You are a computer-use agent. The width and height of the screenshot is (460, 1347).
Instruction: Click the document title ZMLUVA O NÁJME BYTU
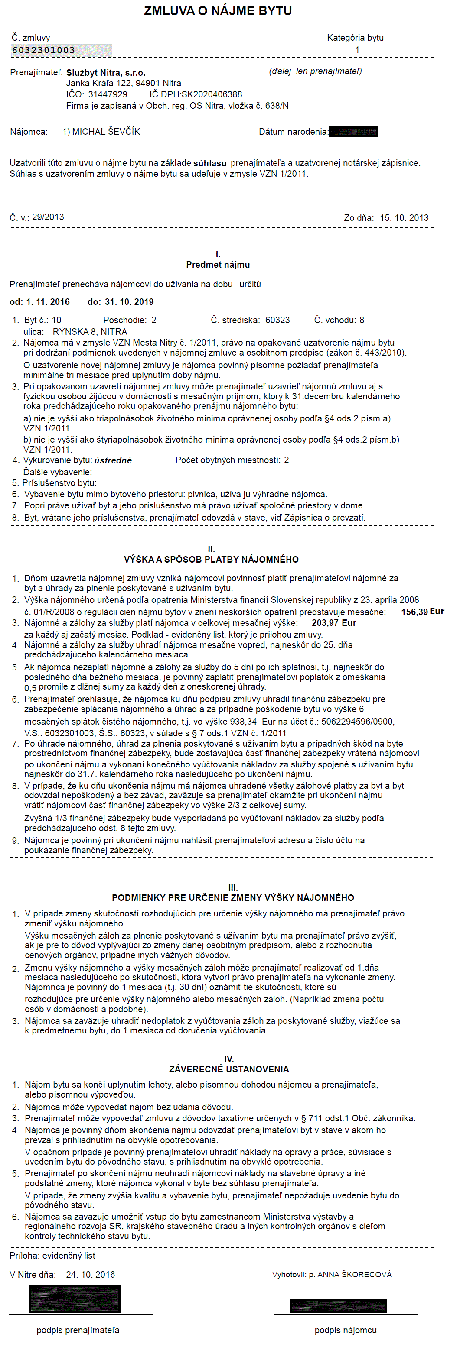(218, 11)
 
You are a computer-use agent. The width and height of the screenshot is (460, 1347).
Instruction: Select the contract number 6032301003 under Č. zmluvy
(44, 50)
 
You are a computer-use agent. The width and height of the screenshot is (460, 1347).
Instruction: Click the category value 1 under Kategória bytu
(357, 50)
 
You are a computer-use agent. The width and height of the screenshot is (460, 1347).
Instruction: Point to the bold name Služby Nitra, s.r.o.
(106, 73)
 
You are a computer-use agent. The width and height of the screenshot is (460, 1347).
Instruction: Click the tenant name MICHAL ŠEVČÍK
(106, 132)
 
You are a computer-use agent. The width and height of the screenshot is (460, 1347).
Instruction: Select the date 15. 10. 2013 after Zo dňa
(404, 217)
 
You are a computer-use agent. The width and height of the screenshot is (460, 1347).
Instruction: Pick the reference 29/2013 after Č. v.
(48, 217)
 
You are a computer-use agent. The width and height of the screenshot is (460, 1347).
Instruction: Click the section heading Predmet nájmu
(218, 265)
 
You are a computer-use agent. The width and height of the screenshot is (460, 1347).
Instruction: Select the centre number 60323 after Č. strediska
(277, 320)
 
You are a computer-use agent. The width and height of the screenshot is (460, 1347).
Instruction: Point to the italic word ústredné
(113, 460)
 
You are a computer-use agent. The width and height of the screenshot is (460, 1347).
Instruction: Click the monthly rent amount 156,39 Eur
(422, 612)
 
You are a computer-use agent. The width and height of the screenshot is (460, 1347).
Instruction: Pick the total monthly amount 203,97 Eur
(333, 623)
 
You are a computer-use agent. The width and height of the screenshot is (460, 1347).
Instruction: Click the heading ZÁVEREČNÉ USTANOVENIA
(228, 1069)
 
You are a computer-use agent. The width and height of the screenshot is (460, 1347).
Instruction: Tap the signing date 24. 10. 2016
(91, 1274)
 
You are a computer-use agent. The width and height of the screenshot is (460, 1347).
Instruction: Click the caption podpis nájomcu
(346, 1330)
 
